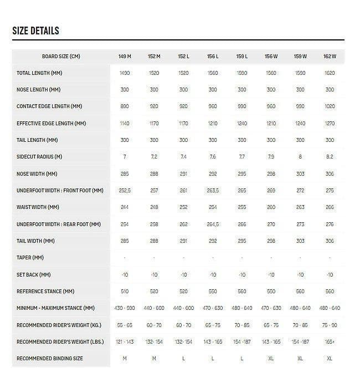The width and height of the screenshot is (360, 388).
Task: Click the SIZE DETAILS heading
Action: point(35,30)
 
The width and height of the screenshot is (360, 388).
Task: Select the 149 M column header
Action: point(125,57)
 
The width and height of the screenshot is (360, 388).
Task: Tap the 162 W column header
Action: point(330,57)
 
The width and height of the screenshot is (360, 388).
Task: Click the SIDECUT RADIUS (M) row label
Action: point(39,157)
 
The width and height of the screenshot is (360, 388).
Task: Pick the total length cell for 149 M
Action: point(125,73)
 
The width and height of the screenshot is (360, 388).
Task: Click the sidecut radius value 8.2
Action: point(330,157)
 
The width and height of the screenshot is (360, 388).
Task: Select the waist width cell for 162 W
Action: point(330,207)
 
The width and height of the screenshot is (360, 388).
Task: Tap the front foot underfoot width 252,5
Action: point(125,191)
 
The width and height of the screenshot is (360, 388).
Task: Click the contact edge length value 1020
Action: point(330,106)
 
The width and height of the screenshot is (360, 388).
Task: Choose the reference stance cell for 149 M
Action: point(125,291)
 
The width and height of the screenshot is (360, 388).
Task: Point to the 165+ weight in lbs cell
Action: point(330,341)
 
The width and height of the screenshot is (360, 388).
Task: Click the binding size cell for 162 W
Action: point(330,359)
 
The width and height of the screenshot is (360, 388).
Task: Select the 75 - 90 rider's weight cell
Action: point(330,325)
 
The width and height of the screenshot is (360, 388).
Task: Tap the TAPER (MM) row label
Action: point(31,258)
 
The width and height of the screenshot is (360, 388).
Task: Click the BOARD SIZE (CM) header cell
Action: point(61,57)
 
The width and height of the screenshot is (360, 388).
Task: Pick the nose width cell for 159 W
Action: point(300,174)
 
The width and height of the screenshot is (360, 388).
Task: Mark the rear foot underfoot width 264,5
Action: point(213,224)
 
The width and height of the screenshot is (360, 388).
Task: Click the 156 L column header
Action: point(213,57)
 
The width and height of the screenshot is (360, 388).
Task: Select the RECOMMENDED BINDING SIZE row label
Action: point(50,359)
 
